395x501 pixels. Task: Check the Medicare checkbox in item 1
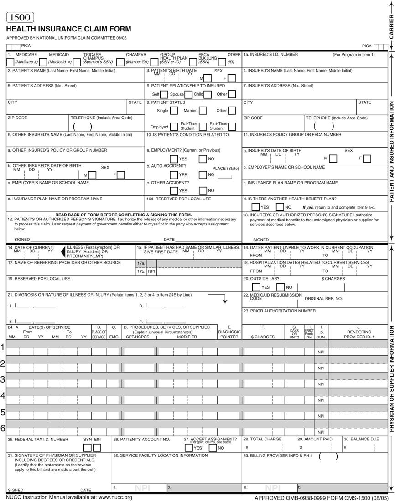click(10, 62)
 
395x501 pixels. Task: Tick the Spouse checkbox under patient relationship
click(188, 94)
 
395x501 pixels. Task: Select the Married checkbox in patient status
click(203, 110)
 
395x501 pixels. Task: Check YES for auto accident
click(174, 174)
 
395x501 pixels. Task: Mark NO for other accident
click(203, 190)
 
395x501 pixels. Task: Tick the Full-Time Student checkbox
click(203, 127)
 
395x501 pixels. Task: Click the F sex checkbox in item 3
click(232, 78)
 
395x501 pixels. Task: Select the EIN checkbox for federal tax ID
click(97, 447)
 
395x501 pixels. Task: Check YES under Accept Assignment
click(188, 447)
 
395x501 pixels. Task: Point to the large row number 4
click(3, 383)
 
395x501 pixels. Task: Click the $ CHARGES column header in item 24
click(263, 337)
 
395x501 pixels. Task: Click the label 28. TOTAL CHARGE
click(262, 440)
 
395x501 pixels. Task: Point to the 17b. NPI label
click(146, 271)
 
